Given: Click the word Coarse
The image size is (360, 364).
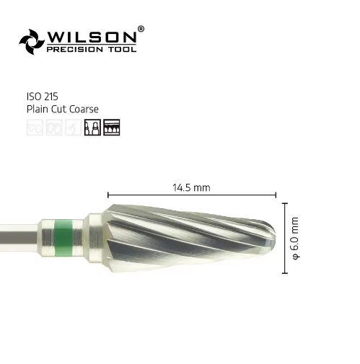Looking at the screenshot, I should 83,109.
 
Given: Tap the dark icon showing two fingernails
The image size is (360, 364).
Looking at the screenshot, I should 92,128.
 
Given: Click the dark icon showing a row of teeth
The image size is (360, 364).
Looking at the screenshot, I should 112,128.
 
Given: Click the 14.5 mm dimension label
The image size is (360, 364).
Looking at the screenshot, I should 191,187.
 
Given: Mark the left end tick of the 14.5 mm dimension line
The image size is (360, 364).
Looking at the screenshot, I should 108,195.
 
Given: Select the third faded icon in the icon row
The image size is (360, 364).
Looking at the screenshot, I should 72,128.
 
